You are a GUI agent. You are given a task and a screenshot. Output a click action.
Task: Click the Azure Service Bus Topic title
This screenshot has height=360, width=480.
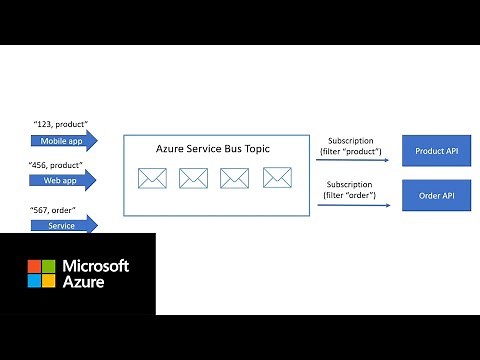tap(213, 148)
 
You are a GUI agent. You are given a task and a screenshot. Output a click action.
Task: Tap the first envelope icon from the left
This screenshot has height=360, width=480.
tap(152, 179)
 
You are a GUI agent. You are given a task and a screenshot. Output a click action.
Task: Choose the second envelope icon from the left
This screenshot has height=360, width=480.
tap(193, 179)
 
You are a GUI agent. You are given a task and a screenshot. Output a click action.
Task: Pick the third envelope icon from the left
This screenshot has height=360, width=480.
tap(234, 179)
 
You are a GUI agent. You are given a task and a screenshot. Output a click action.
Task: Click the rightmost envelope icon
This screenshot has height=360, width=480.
tap(276, 178)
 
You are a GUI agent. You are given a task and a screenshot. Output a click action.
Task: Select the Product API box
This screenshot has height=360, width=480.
tap(436, 150)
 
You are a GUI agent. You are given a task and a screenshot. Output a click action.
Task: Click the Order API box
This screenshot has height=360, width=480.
tap(436, 194)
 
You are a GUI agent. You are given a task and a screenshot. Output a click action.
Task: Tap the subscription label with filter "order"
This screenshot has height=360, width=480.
tap(350, 190)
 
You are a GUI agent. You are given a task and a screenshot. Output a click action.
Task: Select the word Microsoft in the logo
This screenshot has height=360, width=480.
tap(96, 266)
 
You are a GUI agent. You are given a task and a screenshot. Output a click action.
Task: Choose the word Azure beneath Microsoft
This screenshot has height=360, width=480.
tap(84, 286)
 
